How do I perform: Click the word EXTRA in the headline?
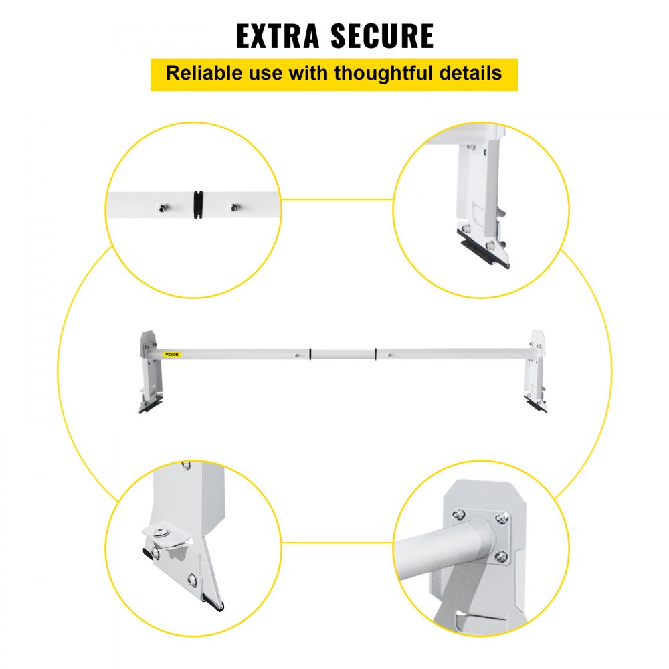[x=280, y=36]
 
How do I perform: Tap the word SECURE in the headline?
[x=383, y=36]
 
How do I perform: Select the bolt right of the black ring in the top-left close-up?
[x=234, y=208]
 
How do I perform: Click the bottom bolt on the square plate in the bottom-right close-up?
[x=500, y=555]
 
